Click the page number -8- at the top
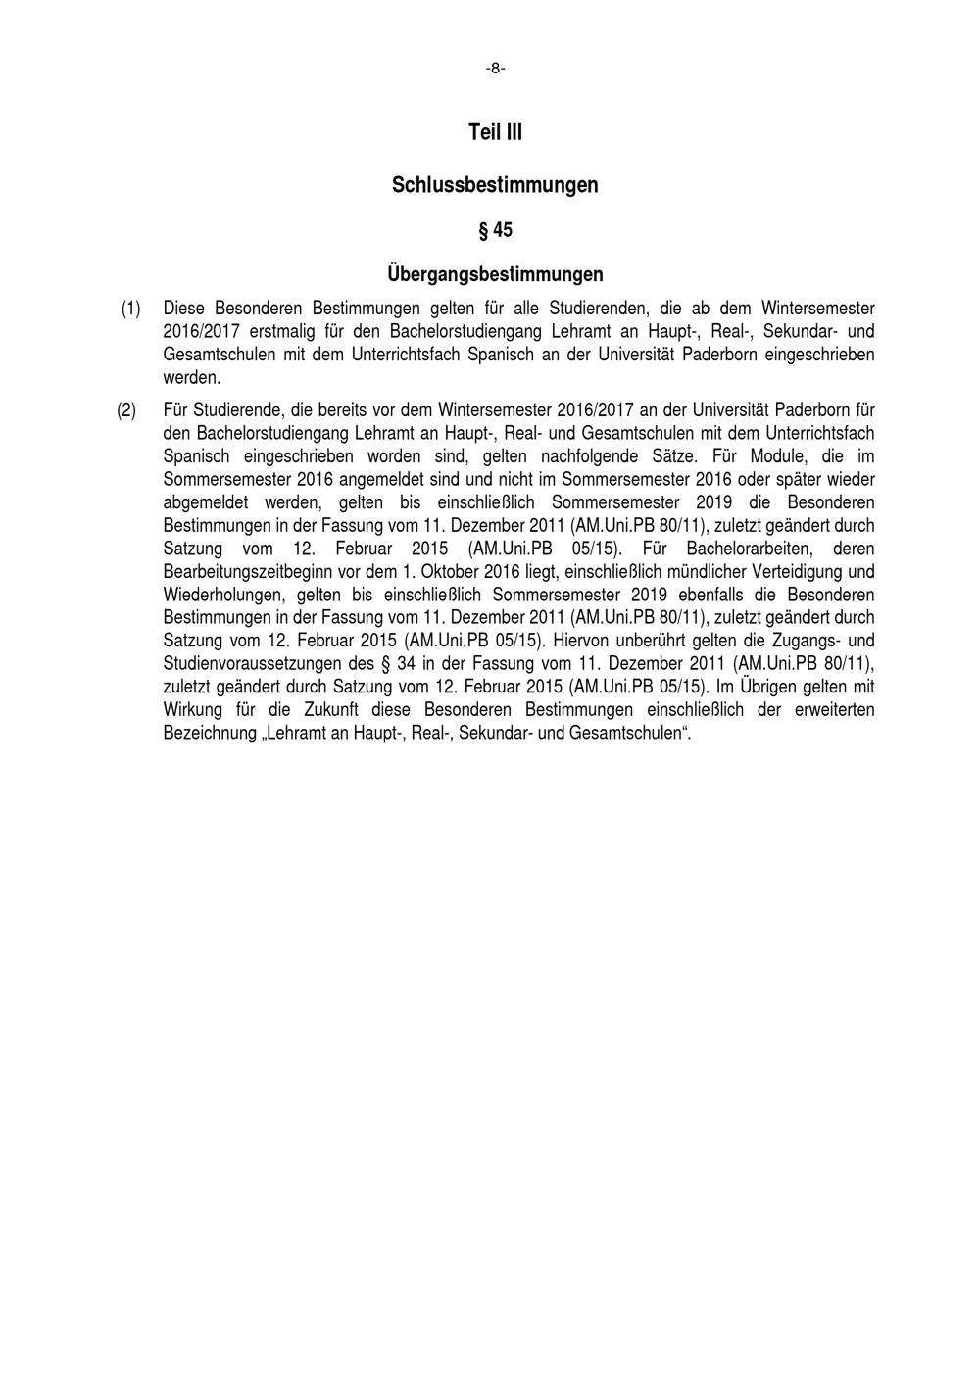(x=495, y=69)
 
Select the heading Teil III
(x=495, y=132)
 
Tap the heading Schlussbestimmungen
(x=495, y=184)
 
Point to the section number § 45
(x=495, y=230)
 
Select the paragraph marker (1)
(x=130, y=308)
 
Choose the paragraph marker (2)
(x=126, y=409)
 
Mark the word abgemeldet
(x=206, y=502)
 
